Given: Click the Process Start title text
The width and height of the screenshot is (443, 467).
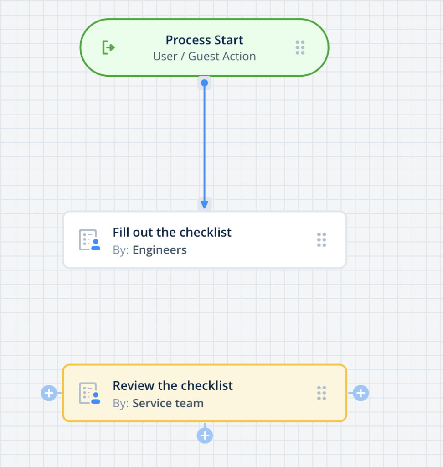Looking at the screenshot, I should click(204, 40).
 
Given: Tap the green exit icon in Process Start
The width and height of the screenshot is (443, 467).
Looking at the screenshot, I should click(108, 47).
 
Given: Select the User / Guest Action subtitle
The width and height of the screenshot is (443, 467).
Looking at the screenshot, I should click(204, 57).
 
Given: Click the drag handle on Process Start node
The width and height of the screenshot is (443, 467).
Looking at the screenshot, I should click(300, 47).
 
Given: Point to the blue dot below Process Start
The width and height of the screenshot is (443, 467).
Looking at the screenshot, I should click(205, 83).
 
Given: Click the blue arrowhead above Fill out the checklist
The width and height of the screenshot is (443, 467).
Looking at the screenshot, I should click(205, 204).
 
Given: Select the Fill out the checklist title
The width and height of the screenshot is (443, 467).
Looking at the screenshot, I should click(172, 232).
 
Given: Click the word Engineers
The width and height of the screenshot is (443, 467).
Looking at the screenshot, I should click(160, 250).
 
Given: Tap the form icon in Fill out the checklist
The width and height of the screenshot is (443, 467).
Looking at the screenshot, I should click(89, 240).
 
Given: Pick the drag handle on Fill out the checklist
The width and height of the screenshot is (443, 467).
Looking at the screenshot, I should click(322, 240).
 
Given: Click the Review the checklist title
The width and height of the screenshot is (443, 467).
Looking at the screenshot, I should click(173, 385).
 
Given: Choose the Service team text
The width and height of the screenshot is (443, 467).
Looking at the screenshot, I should click(168, 404).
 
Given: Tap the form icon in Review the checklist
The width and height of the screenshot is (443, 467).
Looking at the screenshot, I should click(89, 393).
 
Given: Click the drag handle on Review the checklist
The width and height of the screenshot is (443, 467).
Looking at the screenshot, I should click(322, 393).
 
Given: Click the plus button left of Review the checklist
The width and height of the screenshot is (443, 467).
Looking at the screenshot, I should click(49, 393).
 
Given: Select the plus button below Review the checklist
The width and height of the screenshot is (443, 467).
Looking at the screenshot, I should click(205, 436).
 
